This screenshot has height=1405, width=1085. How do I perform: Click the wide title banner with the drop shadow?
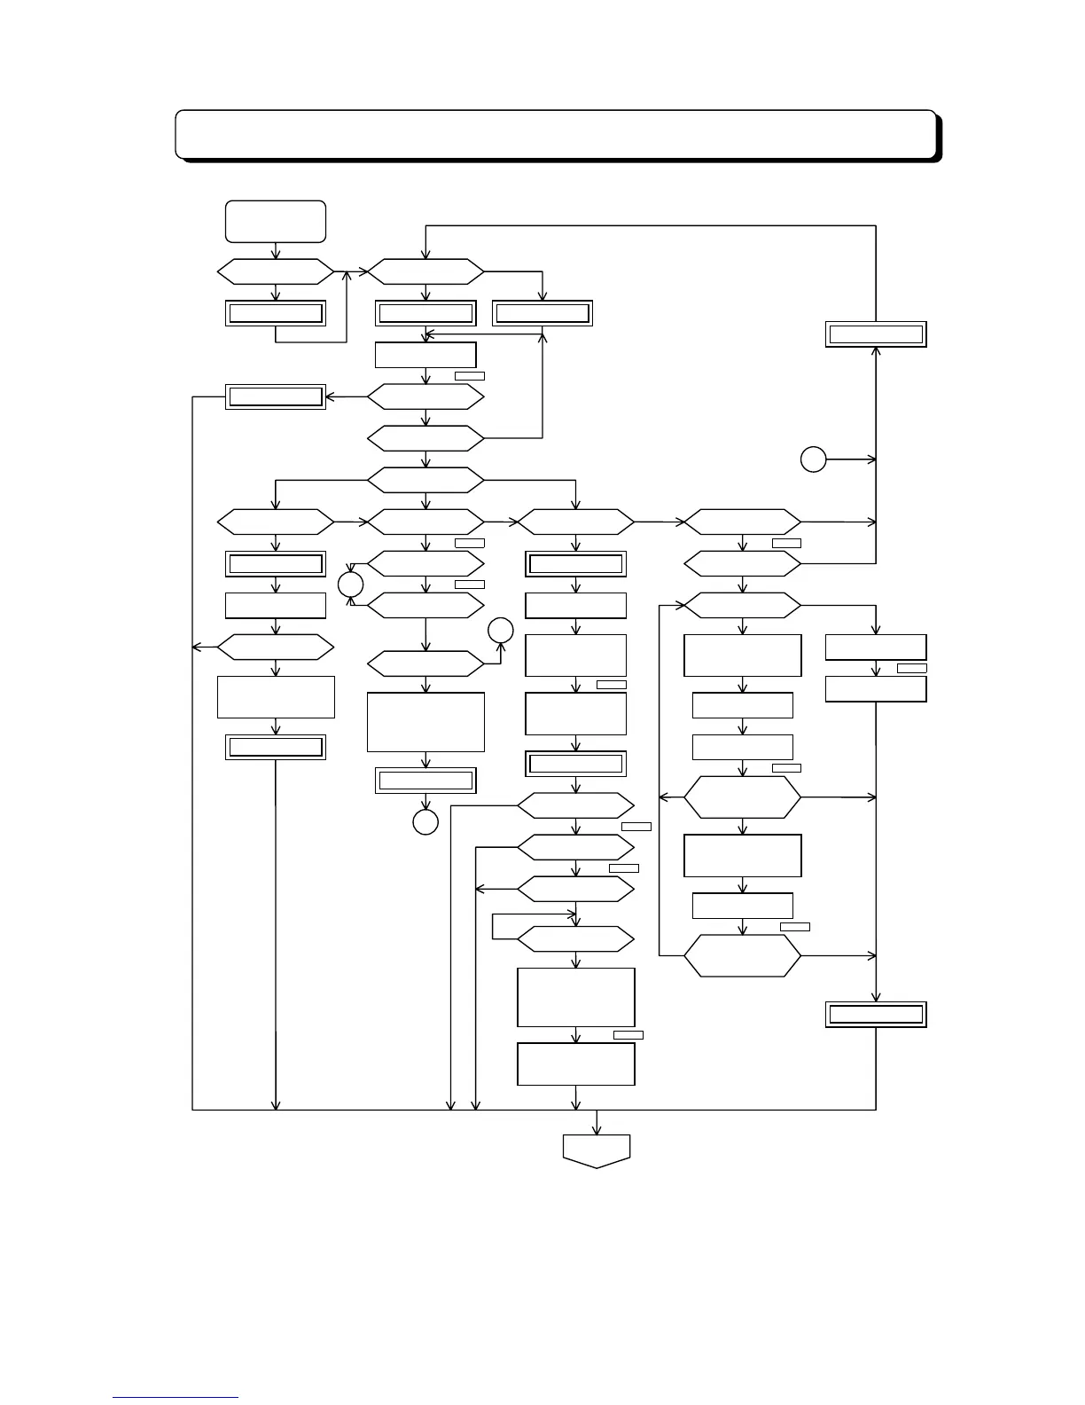coord(556,134)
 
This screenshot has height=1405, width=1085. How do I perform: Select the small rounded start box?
coord(276,221)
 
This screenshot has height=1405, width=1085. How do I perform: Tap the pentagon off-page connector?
coord(597,1150)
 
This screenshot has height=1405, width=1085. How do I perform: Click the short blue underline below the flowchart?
coord(176,1397)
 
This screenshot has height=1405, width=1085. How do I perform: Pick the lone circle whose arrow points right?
coord(813,459)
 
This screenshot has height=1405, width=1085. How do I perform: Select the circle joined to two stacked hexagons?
coord(350,585)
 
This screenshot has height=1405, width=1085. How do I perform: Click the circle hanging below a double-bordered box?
coord(425,822)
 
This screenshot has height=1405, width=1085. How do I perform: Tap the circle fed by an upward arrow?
coord(500,631)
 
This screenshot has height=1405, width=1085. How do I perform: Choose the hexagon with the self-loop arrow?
coord(576,938)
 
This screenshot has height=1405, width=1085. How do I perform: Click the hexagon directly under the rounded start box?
coord(276,271)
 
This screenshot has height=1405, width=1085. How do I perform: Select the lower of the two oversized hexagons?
coord(742,956)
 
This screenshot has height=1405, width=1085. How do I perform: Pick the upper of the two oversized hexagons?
coord(742,797)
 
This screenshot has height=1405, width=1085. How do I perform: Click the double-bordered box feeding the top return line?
coord(876,334)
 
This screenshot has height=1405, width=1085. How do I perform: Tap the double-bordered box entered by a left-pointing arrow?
coord(276,396)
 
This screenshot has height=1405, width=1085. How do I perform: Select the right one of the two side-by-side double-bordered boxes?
coord(542,313)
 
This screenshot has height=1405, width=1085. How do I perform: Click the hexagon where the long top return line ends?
coord(425,271)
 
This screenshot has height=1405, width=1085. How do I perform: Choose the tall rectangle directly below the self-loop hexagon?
coord(576,997)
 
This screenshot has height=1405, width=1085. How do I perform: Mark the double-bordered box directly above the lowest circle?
coord(425,781)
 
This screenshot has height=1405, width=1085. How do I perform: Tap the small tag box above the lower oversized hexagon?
coord(795,926)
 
